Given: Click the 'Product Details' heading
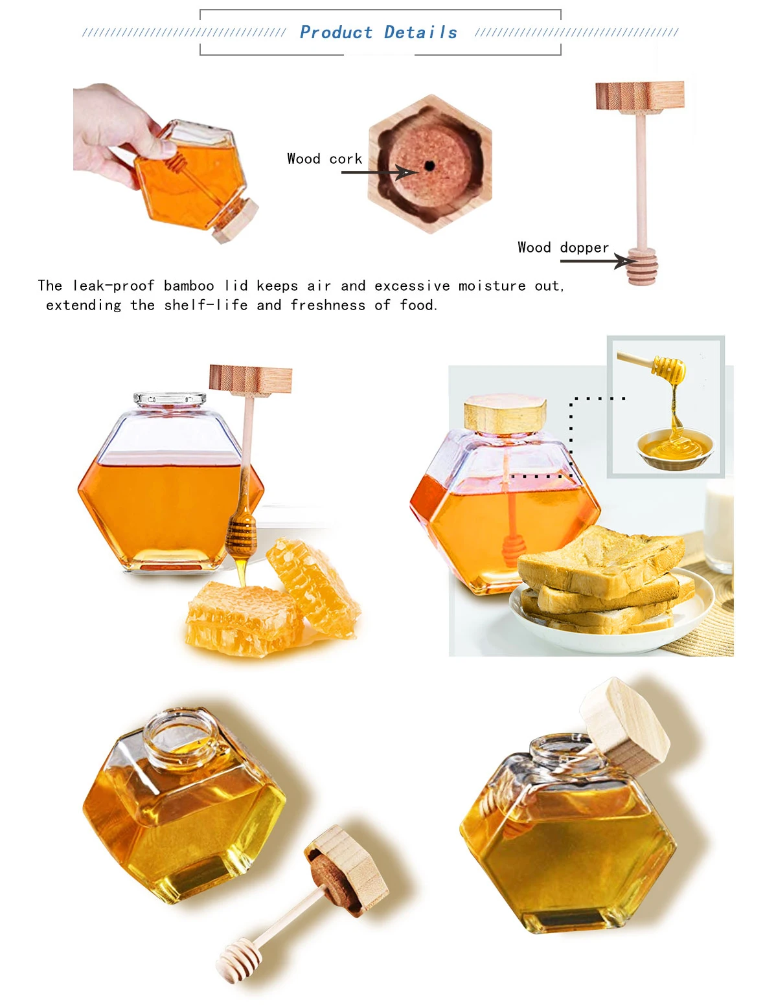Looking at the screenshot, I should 378,32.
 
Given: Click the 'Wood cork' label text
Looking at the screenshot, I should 325,159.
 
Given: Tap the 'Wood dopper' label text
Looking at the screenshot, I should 563,247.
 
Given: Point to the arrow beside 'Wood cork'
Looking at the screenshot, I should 379,172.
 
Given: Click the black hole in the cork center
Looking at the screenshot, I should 429,166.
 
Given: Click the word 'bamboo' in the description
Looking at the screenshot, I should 188,286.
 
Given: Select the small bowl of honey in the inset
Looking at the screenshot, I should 675,448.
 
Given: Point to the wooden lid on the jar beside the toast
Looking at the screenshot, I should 505,414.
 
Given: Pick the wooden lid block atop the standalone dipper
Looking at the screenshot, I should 640,96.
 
